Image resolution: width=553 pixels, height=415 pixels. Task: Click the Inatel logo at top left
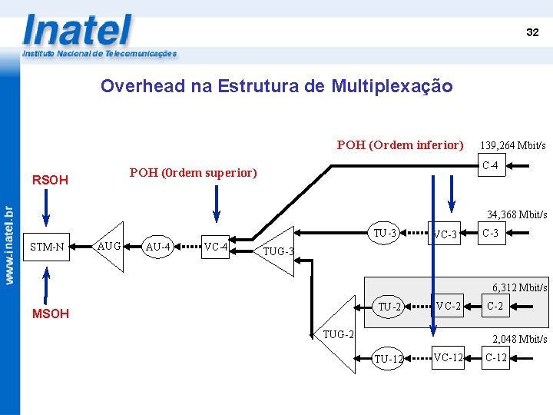(x=77, y=31)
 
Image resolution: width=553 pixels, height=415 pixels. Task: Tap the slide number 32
(x=532, y=32)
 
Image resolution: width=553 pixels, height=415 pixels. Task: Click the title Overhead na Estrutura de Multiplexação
(x=276, y=86)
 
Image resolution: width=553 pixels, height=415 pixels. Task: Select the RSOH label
(x=50, y=181)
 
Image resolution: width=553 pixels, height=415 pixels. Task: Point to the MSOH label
(x=50, y=314)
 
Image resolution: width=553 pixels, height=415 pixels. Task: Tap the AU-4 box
(x=158, y=247)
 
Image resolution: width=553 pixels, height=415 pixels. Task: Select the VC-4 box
(x=216, y=247)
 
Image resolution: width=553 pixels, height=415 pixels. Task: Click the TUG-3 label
(x=278, y=251)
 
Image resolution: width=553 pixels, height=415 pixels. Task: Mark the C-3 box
(x=490, y=233)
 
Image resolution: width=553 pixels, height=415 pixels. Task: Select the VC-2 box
(x=448, y=307)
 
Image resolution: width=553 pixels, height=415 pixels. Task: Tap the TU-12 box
(x=388, y=359)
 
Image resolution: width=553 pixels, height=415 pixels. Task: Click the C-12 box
(x=495, y=357)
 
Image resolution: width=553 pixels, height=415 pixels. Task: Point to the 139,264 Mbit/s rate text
(x=512, y=145)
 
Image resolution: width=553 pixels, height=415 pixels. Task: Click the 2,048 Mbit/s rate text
(x=519, y=339)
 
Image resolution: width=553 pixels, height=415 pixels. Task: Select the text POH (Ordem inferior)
(x=400, y=144)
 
